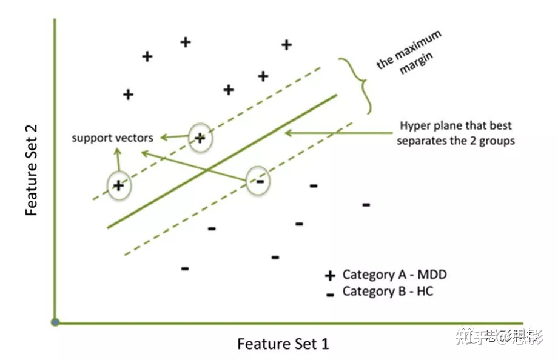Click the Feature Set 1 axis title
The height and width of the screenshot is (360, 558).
283,344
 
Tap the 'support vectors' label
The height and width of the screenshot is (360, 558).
112,138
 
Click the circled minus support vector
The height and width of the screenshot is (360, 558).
259,180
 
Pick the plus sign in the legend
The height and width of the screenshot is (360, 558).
330,276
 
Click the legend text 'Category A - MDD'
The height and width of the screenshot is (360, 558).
394,275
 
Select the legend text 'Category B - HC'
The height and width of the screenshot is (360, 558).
388,292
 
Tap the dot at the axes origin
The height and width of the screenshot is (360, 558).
55,322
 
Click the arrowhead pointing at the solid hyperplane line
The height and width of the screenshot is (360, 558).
287,132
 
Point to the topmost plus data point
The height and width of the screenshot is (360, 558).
186,42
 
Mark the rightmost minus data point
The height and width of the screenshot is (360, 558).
366,205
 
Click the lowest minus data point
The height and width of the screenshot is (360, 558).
185,268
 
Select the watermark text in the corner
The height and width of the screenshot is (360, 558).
500,334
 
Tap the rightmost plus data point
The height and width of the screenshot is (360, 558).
286,44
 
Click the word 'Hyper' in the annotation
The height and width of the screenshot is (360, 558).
414,126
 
